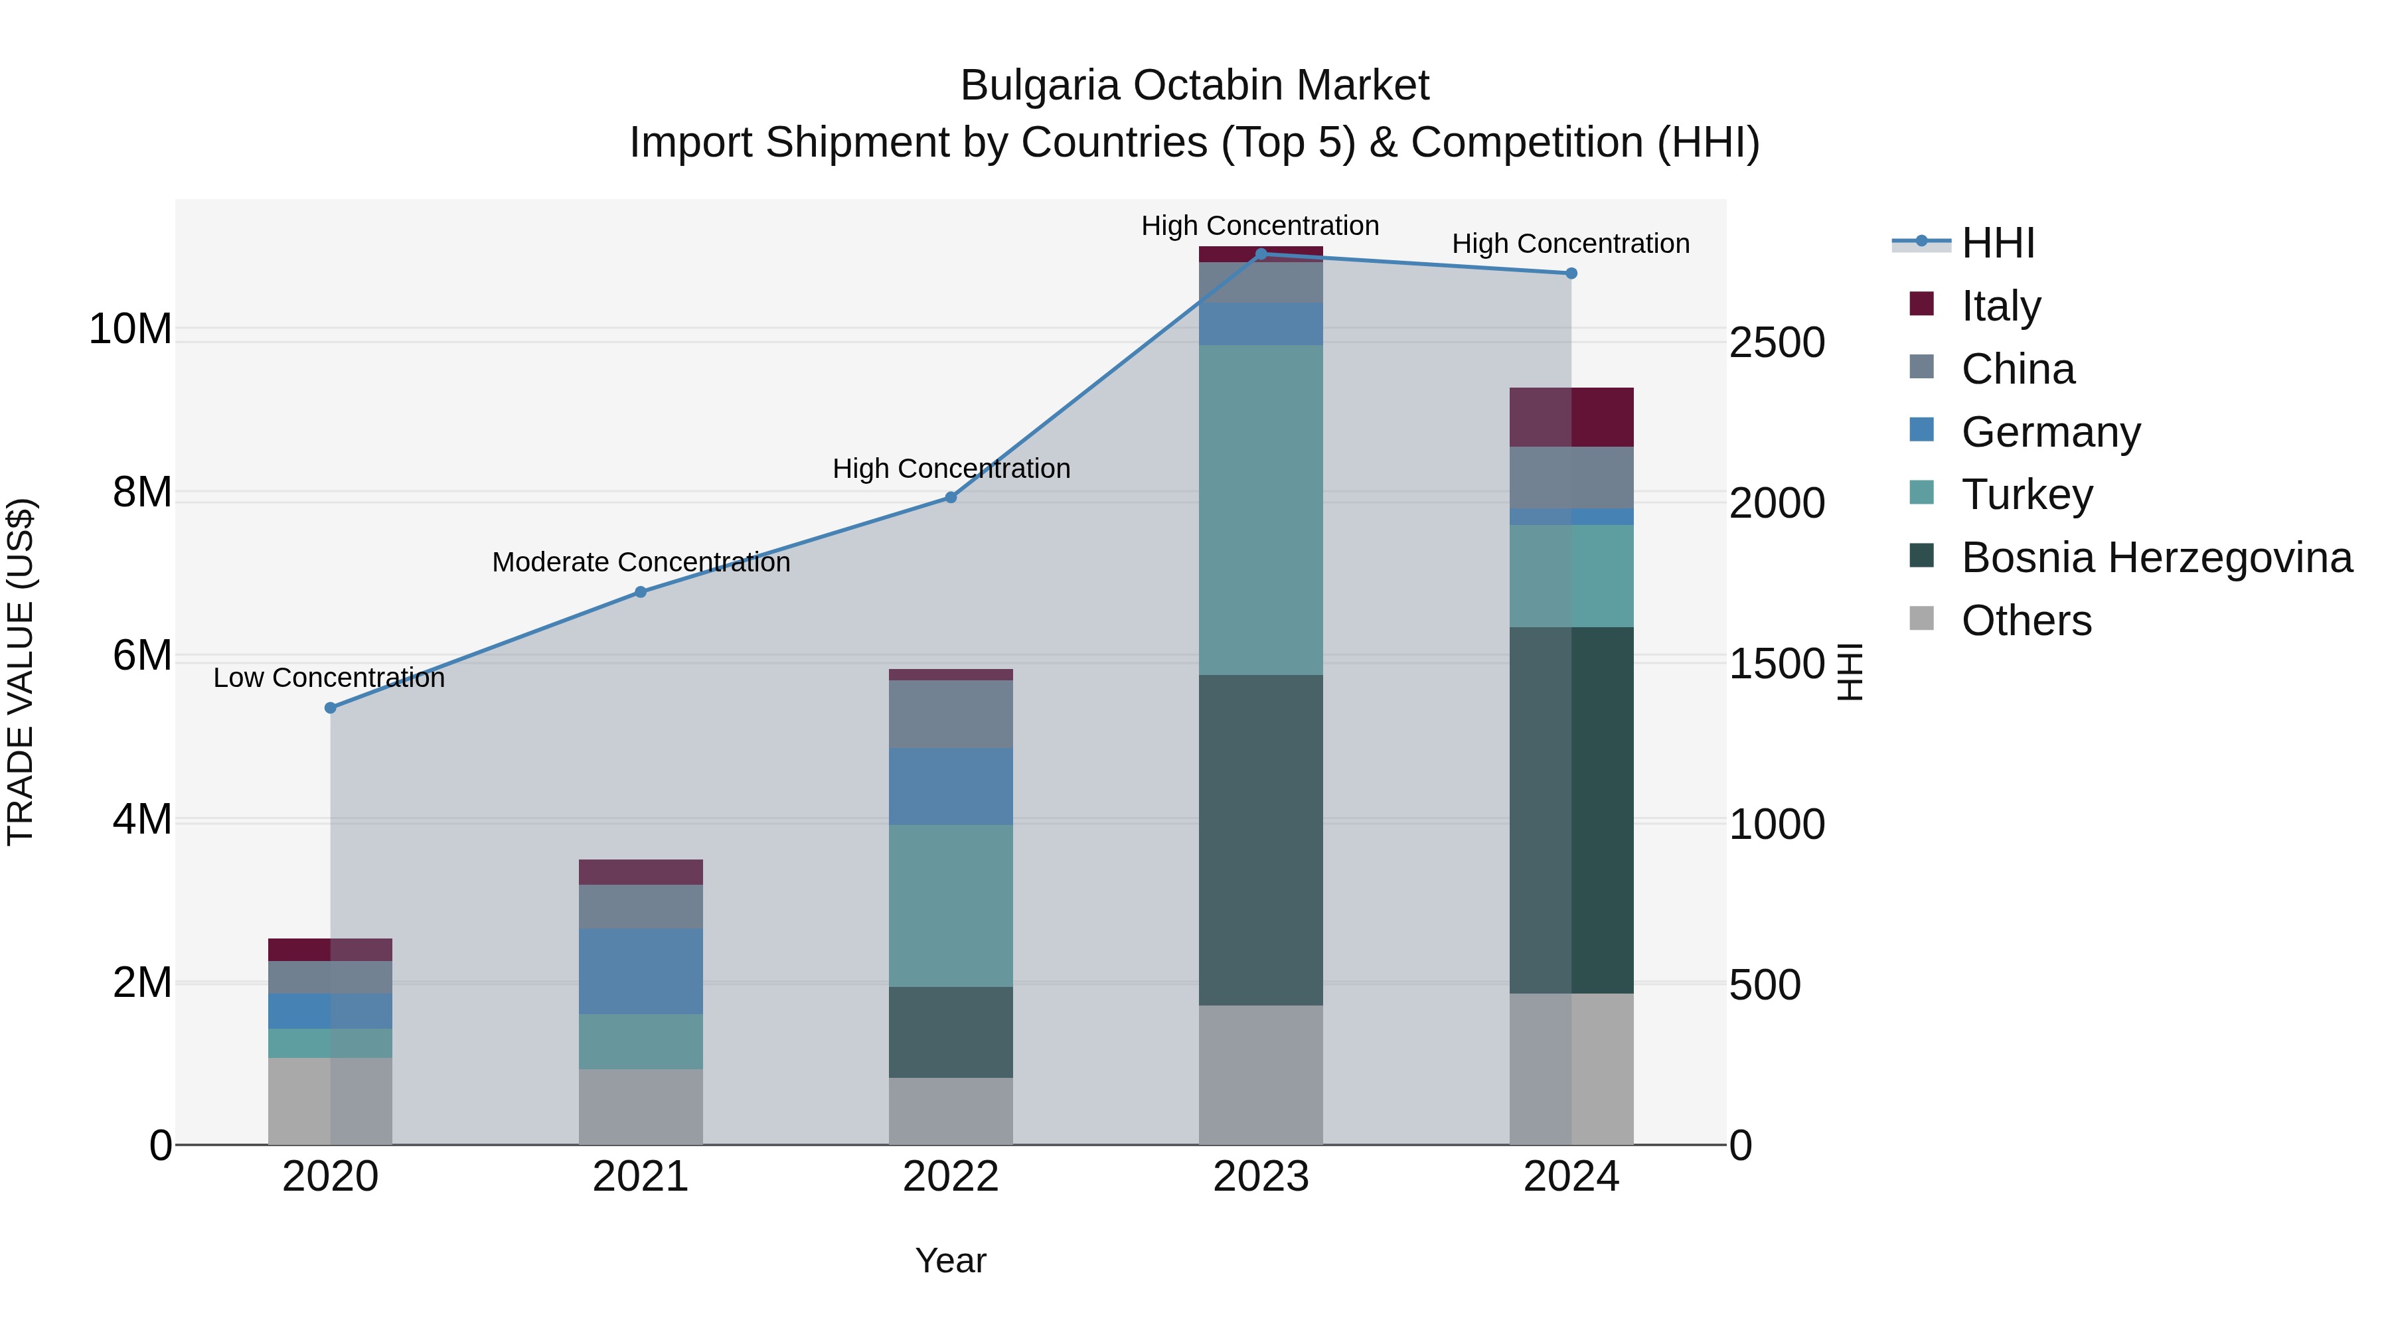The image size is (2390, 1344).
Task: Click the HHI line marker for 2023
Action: click(1261, 254)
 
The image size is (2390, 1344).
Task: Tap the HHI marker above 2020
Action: click(331, 708)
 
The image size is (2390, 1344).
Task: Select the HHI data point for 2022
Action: click(950, 497)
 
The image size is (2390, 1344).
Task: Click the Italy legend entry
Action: click(2000, 305)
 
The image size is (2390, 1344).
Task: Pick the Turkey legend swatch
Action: click(1921, 492)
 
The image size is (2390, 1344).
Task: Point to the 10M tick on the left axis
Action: click(130, 329)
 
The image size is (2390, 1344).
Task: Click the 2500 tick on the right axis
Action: click(1777, 342)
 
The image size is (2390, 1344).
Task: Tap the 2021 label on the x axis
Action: click(640, 1177)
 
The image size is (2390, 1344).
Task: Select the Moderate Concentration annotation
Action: click(640, 562)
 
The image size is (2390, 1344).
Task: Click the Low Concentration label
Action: click(329, 678)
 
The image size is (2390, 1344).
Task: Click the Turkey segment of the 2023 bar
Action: click(1261, 510)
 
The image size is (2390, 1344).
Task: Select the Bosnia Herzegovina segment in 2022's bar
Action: click(950, 1031)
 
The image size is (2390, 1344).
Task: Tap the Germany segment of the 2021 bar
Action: click(640, 971)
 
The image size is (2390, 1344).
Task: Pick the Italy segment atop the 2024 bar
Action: click(1571, 417)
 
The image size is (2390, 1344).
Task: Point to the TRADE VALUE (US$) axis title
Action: click(21, 672)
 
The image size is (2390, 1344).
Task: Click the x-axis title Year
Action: click(950, 1260)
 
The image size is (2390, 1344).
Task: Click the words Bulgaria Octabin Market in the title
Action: click(1194, 86)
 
